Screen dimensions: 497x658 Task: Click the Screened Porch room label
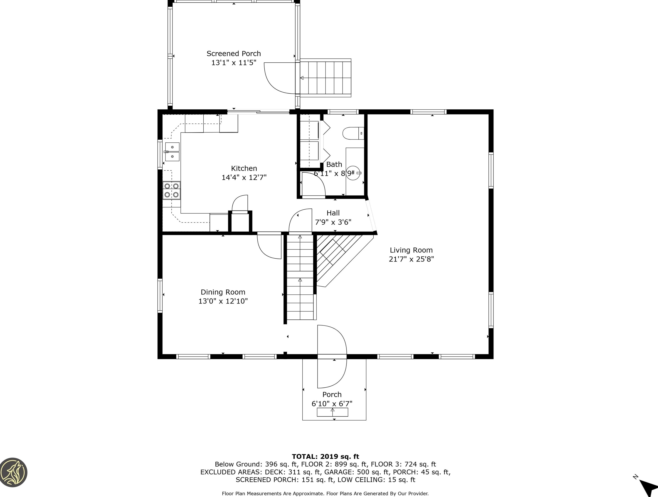(234, 54)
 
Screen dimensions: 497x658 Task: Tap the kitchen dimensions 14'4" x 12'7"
(244, 177)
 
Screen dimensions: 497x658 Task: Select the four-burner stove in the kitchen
(172, 190)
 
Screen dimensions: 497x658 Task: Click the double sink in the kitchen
(172, 152)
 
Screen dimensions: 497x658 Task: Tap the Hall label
(333, 213)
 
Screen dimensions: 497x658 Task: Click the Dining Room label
(223, 292)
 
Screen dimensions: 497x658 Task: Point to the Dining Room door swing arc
(268, 248)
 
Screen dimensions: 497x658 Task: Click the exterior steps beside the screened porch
(326, 78)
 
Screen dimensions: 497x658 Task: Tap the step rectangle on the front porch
(332, 412)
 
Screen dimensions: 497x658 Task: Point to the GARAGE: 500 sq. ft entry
(356, 472)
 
